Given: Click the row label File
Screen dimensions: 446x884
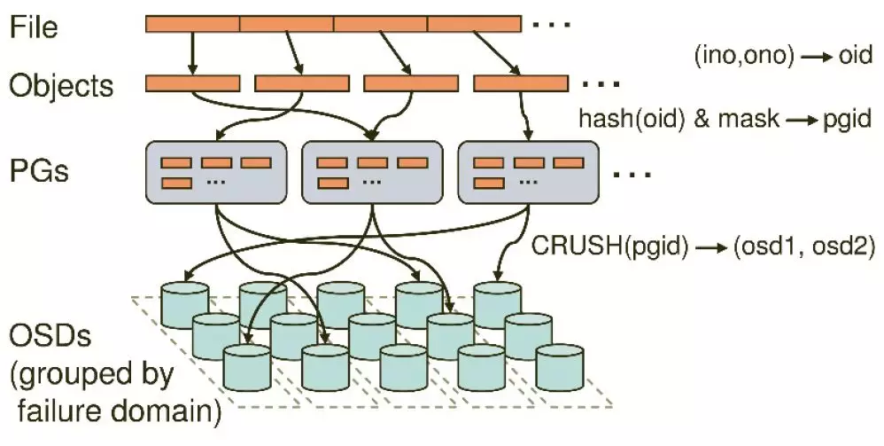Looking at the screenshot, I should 34,27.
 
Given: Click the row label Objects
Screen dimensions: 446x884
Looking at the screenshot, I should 62,86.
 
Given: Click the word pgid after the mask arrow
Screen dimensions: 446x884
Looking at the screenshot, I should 848,118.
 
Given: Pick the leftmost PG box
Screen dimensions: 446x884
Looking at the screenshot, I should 216,171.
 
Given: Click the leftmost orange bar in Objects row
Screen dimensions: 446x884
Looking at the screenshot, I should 192,83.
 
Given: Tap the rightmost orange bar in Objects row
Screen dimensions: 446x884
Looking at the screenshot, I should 521,83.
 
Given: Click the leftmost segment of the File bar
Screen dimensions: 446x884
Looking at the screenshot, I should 192,25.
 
